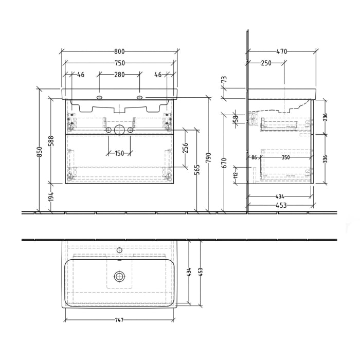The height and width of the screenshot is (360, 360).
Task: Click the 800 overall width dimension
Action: [x=119, y=51]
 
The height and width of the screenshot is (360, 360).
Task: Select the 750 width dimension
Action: [x=119, y=63]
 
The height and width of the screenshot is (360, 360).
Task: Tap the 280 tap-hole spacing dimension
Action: [x=119, y=75]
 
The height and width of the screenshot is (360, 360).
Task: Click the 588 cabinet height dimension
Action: [x=51, y=141]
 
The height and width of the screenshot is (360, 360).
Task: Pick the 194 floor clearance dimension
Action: [x=51, y=197]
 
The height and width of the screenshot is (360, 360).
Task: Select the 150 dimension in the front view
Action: [x=119, y=153]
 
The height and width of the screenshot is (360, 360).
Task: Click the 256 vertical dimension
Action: [x=186, y=148]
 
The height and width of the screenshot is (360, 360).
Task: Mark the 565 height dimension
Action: [x=197, y=170]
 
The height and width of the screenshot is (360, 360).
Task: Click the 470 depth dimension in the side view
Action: [x=281, y=51]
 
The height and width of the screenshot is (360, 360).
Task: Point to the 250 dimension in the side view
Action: [x=266, y=63]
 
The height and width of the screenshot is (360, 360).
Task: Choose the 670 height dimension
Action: [x=224, y=163]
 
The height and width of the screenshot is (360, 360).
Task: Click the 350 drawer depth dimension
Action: [x=286, y=157]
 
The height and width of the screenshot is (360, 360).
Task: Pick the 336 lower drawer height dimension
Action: [x=325, y=159]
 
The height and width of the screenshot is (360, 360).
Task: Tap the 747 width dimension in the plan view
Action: [x=119, y=320]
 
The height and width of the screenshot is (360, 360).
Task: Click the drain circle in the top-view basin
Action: [x=119, y=276]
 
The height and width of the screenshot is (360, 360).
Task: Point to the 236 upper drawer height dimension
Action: [x=325, y=117]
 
